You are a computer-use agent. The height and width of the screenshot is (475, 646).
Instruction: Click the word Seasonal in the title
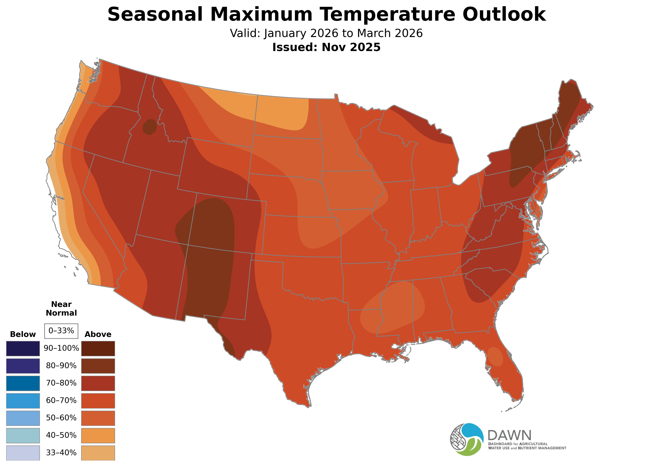click(x=155, y=14)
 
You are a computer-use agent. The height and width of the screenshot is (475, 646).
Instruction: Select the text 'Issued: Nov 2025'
click(x=326, y=47)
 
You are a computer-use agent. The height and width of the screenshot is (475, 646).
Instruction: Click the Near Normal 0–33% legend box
click(x=61, y=331)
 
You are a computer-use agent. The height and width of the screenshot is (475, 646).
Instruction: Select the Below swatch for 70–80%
click(x=23, y=383)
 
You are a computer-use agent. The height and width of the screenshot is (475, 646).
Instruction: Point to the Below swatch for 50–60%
click(x=23, y=418)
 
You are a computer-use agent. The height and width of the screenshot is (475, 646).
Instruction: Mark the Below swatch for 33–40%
click(x=23, y=453)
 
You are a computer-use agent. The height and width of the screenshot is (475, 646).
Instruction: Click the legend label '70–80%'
click(x=61, y=383)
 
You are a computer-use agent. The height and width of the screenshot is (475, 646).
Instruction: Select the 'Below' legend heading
click(x=23, y=334)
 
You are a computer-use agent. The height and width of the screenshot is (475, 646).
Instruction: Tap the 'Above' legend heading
click(x=98, y=334)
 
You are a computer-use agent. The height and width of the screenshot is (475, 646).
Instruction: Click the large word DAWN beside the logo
click(x=509, y=436)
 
